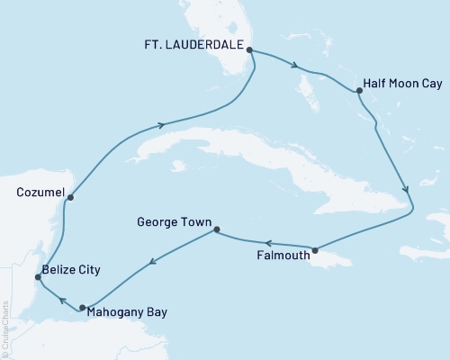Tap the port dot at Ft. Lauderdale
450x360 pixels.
(249, 50)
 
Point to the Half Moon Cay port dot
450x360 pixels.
(359, 91)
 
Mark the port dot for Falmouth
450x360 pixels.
(315, 249)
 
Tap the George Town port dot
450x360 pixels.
(215, 230)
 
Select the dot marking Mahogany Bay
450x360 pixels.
(82, 308)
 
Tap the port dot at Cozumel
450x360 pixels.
(69, 197)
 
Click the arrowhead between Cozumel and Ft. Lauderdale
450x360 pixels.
(161, 125)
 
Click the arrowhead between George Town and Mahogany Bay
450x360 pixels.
(151, 263)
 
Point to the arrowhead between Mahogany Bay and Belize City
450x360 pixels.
(60, 301)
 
